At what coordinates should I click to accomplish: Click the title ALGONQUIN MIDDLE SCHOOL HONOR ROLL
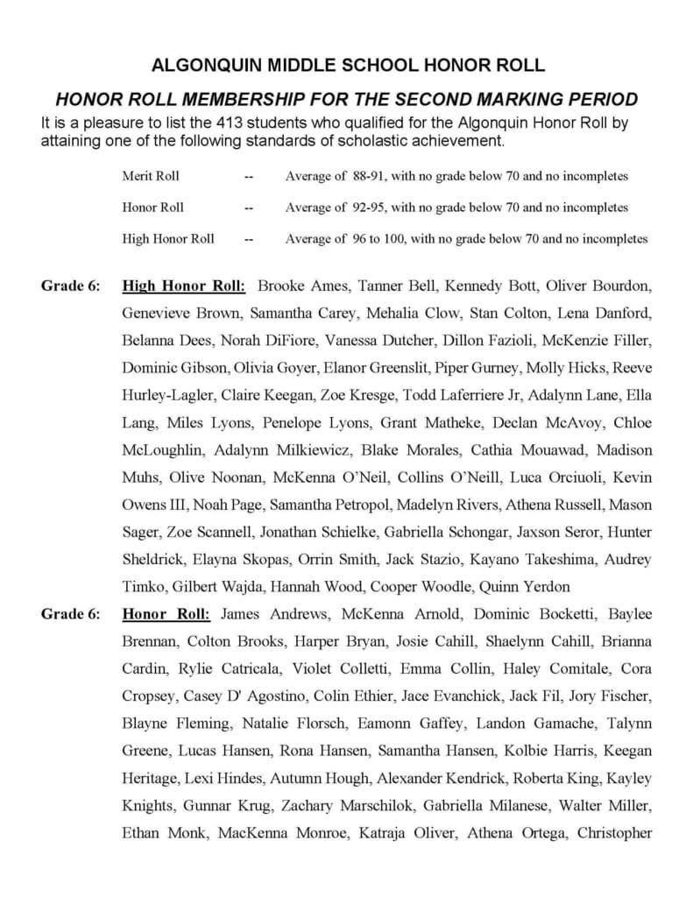tap(348, 65)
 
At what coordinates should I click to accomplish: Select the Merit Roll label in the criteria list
tap(151, 176)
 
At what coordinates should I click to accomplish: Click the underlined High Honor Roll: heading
tap(185, 286)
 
